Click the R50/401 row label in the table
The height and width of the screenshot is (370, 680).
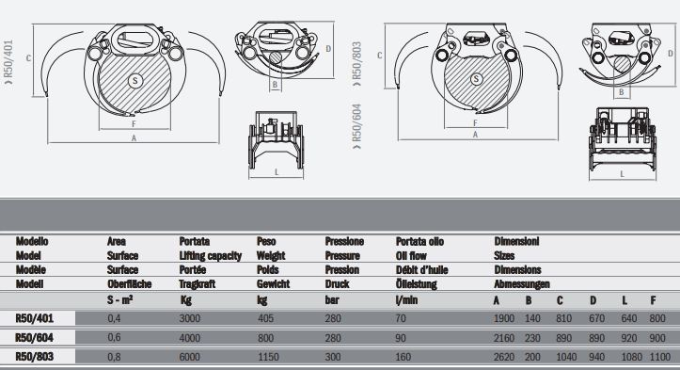click(34, 318)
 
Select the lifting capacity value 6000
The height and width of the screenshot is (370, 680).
click(189, 357)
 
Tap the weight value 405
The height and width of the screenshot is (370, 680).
click(265, 318)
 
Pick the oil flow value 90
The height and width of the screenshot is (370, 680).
click(401, 338)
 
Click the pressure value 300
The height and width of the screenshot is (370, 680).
click(333, 357)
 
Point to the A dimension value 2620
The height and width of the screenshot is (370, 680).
click(504, 357)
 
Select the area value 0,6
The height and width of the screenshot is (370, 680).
click(114, 337)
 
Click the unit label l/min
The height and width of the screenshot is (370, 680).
click(406, 300)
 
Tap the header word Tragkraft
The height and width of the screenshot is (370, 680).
click(198, 284)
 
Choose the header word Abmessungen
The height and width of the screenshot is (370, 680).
click(522, 284)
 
